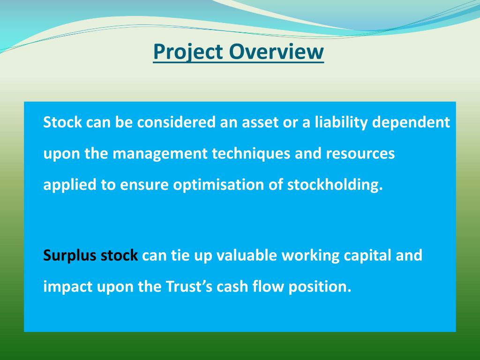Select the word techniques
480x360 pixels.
(x=251, y=155)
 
